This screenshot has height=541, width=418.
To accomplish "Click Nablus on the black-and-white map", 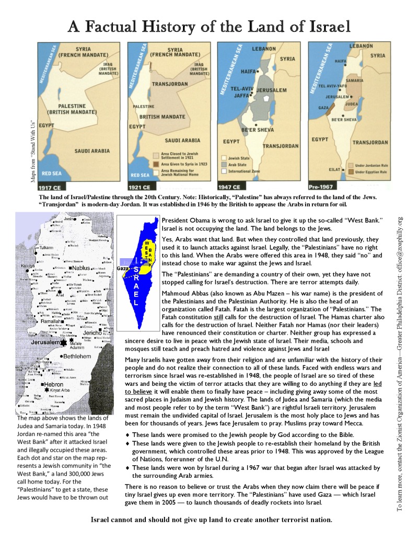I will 82,268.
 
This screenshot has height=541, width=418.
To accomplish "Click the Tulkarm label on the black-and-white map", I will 43,247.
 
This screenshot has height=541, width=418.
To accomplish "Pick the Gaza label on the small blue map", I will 123,268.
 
